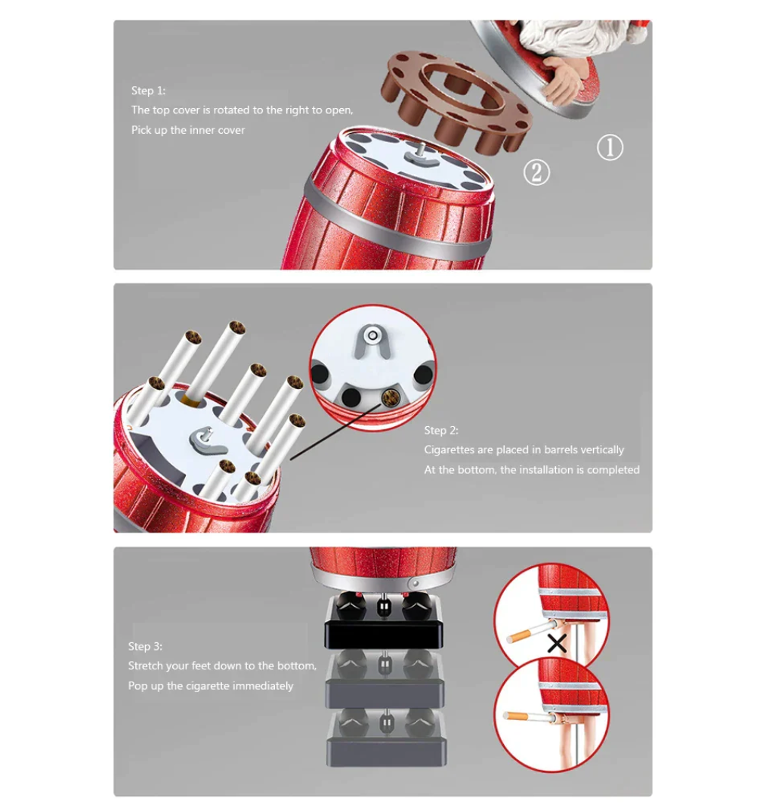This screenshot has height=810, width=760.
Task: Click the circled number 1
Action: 610,148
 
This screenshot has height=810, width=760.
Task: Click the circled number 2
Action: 536,172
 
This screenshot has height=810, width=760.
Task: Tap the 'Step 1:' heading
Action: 148,91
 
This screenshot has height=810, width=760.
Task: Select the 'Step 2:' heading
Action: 441,431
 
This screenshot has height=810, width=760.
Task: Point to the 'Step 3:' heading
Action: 145,646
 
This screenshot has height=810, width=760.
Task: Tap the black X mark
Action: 557,644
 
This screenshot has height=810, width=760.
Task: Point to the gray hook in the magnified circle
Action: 372,342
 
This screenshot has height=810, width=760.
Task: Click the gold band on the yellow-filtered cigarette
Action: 190,399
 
